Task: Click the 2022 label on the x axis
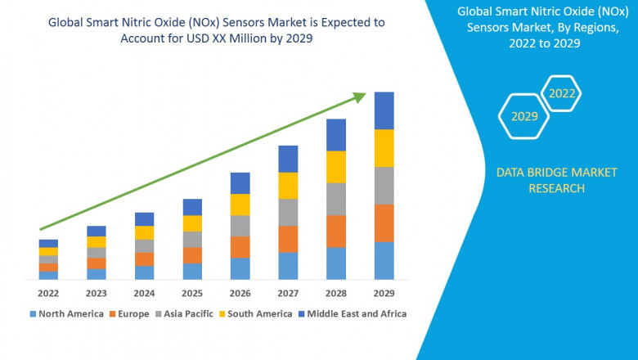[x=48, y=292]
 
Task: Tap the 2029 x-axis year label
[x=384, y=292]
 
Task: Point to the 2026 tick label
[x=240, y=292]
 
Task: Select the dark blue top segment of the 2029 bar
[x=384, y=110]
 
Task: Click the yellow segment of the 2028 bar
[x=335, y=167]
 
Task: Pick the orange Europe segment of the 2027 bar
[x=288, y=239]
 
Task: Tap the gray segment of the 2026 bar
[x=240, y=226]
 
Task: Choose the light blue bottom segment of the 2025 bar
[x=192, y=271]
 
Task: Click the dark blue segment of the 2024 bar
[x=144, y=218]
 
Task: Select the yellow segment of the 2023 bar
[x=97, y=242]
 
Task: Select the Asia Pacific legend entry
[x=186, y=313]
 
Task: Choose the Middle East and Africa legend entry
[x=353, y=313]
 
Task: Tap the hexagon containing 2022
[x=562, y=93]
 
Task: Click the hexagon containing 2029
[x=524, y=116]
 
